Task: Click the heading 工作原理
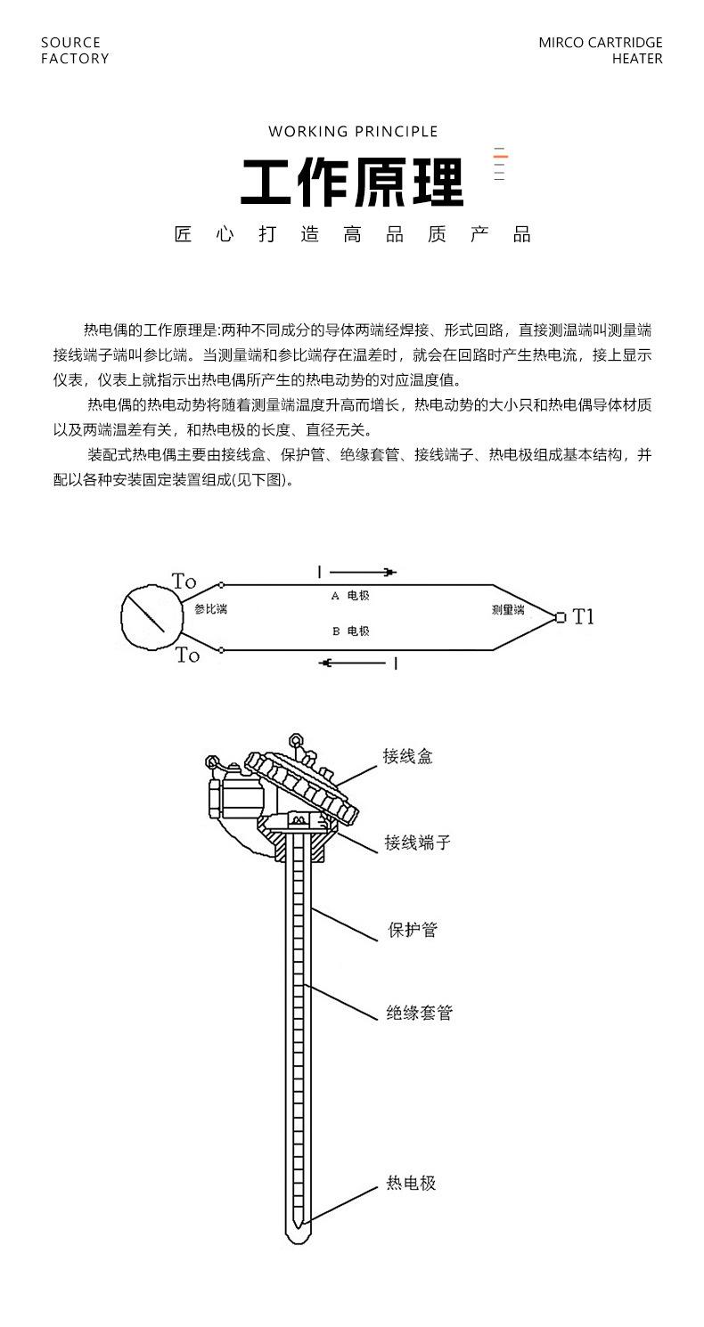click(352, 183)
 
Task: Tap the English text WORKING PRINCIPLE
click(353, 132)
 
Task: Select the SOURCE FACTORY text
click(75, 51)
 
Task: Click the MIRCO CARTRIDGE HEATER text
click(600, 51)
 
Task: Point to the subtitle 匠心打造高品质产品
click(353, 235)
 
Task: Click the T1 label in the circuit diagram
click(583, 616)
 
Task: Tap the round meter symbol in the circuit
click(144, 616)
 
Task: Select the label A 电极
click(350, 596)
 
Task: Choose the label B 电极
click(350, 631)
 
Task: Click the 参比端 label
click(210, 610)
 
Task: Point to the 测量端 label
click(508, 610)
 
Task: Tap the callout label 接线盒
click(408, 757)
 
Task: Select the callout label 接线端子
click(417, 842)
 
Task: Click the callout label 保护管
click(413, 930)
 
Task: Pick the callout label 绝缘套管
click(419, 1013)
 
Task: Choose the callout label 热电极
click(411, 1184)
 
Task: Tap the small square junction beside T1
click(560, 617)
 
